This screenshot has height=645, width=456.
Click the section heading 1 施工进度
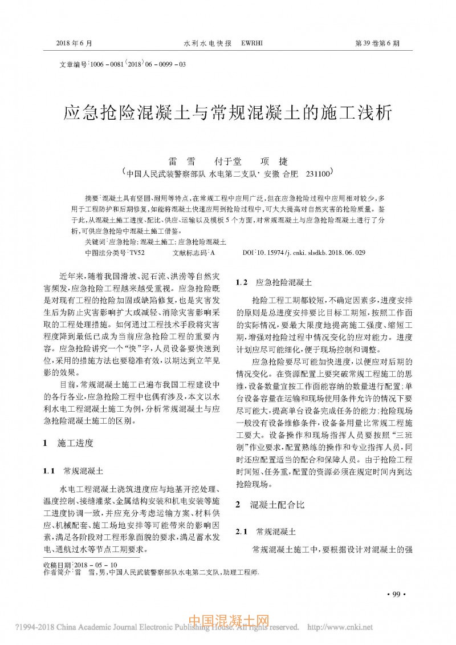point(68,443)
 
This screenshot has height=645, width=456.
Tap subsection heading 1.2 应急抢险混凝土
point(274,282)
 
